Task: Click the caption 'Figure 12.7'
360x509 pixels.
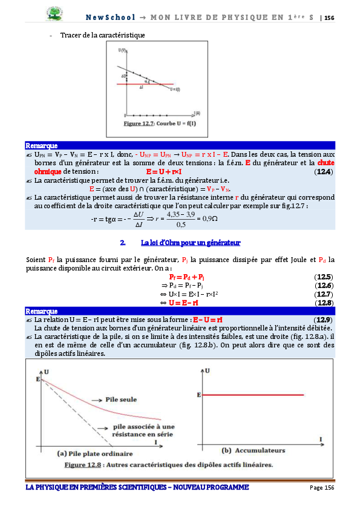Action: (139, 123)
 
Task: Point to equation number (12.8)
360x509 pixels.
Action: (324, 302)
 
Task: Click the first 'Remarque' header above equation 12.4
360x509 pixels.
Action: (41, 146)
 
